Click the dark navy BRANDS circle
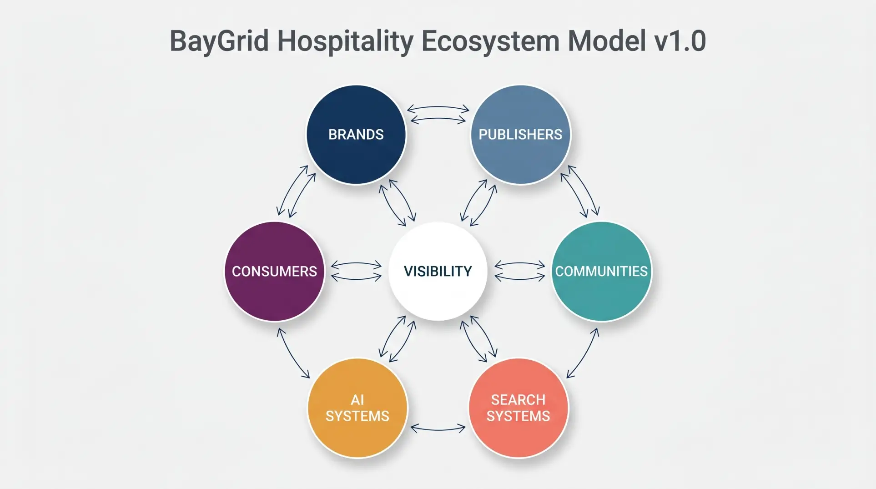tap(356, 135)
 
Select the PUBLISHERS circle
tap(520, 135)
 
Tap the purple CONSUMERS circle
tap(274, 272)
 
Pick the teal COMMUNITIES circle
tap(601, 272)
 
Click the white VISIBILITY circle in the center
tap(438, 272)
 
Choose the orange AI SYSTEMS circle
tap(357, 408)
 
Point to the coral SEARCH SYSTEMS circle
tap(519, 408)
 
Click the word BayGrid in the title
tap(219, 41)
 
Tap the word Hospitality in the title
tap(345, 41)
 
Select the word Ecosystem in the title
tap(490, 41)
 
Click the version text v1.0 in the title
tap(680, 41)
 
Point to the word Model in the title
tap(607, 41)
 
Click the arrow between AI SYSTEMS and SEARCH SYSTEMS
tap(438, 428)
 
